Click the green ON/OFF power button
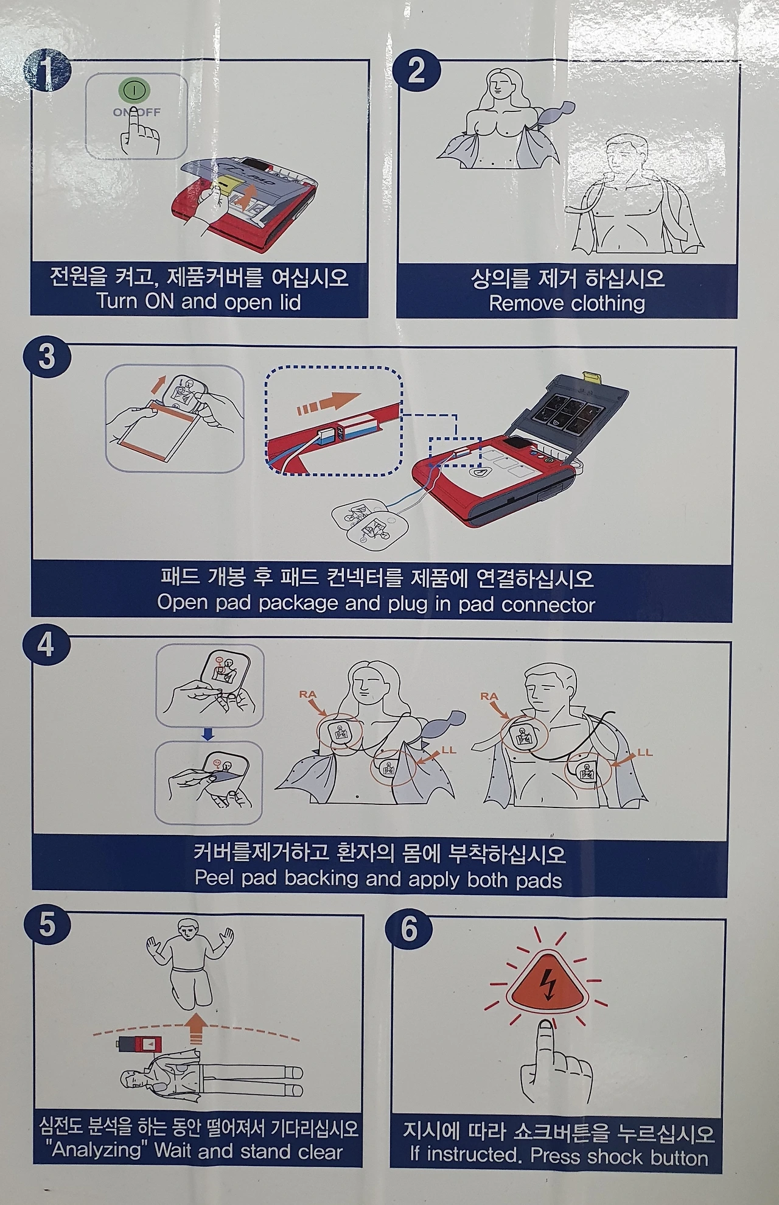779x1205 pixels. point(134,91)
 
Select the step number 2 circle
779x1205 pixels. point(417,72)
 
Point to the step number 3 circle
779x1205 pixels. point(47,356)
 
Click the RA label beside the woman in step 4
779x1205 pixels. point(308,694)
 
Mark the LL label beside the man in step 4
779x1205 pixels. point(645,753)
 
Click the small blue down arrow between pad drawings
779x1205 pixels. point(208,735)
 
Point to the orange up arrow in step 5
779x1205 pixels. point(195,1028)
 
